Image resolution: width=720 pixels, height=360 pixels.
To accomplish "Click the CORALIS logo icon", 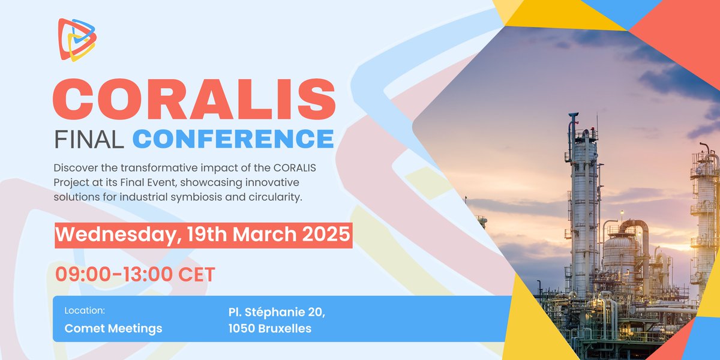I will pos(77,39).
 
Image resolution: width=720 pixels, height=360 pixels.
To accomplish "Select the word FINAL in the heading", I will pos(89,139).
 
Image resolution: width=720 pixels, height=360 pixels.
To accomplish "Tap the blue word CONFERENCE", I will pos(233,139).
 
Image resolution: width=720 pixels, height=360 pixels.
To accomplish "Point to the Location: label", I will pos(85,311).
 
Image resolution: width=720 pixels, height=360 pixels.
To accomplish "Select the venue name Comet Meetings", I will pos(113,329).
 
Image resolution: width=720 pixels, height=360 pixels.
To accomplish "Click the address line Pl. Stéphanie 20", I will pos(277,311).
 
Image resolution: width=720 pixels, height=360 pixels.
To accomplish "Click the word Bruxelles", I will pos(289,329).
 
